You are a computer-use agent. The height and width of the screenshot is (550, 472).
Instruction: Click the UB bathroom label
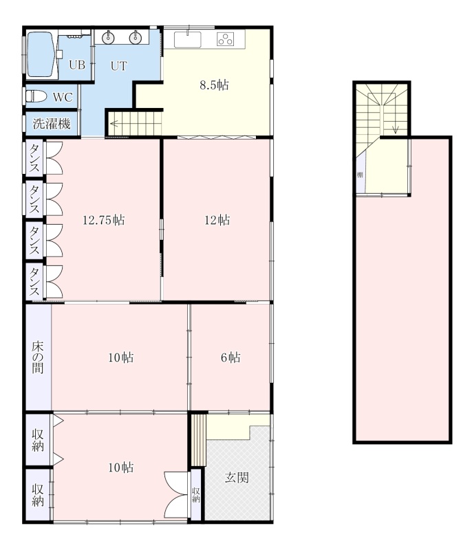(x=77, y=65)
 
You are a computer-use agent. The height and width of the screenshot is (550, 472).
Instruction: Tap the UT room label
(x=118, y=66)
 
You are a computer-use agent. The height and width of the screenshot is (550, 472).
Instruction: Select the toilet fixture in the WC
(x=36, y=96)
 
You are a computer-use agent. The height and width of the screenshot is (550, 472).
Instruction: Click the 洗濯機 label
(x=52, y=124)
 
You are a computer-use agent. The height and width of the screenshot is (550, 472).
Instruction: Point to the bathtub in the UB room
(x=42, y=55)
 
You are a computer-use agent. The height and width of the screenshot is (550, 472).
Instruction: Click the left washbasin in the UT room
(x=109, y=37)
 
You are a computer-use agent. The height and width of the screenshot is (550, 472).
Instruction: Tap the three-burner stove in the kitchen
(x=225, y=39)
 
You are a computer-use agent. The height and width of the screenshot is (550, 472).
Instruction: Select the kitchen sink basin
(x=188, y=39)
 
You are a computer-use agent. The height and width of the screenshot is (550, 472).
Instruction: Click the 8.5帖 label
(x=214, y=85)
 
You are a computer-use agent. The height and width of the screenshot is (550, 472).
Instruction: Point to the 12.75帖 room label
(x=103, y=220)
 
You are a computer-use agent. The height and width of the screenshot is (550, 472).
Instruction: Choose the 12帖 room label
(x=217, y=220)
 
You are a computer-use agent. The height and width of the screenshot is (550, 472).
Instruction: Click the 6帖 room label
(x=230, y=357)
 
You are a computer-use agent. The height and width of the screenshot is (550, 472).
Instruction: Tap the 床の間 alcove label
(x=38, y=357)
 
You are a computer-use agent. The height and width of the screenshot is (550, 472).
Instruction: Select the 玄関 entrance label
(x=237, y=477)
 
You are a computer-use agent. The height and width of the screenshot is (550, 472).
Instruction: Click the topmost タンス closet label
(x=34, y=158)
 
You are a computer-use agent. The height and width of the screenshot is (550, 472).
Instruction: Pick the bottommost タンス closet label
(x=34, y=282)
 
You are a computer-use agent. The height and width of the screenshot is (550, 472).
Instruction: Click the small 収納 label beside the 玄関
(x=196, y=494)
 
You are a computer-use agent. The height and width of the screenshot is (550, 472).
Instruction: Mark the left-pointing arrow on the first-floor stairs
(x=114, y=124)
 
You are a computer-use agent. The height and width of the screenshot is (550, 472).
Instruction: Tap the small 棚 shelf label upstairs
(x=360, y=175)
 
